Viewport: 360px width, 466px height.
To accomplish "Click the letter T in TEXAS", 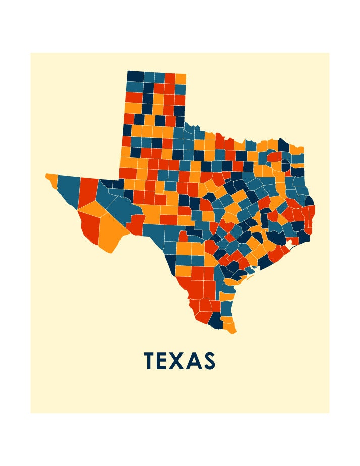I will point(149,361).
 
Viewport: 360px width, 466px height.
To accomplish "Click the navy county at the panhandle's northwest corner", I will point(135,76).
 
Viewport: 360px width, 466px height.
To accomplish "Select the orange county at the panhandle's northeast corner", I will point(181,79).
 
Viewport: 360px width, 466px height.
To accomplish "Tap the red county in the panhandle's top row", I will point(170,78).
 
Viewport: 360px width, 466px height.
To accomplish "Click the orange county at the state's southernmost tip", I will point(230,328).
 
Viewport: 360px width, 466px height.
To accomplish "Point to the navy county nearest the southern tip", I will point(215,320).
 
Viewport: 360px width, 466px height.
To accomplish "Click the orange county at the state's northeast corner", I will point(296,150).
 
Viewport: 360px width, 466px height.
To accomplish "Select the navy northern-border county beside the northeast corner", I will point(283,145).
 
